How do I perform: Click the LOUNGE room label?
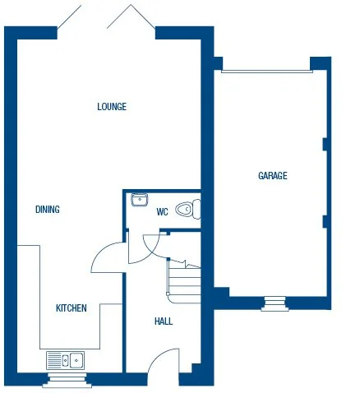pyautogui.click(x=112, y=106)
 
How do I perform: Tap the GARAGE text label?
pyautogui.click(x=273, y=175)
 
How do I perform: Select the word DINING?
pyautogui.click(x=48, y=210)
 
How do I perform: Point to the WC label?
pyautogui.click(x=163, y=212)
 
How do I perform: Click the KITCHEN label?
pyautogui.click(x=72, y=308)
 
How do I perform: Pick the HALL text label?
pyautogui.click(x=164, y=321)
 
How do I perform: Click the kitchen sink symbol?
pyautogui.click(x=66, y=359)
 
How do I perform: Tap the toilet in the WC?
pyautogui.click(x=191, y=209)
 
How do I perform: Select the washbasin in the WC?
pyautogui.click(x=140, y=198)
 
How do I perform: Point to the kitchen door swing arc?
pyautogui.click(x=105, y=257)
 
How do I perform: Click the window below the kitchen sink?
pyautogui.click(x=67, y=379)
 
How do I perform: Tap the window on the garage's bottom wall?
pyautogui.click(x=275, y=303)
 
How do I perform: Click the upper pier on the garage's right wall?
pyautogui.click(x=325, y=145)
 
